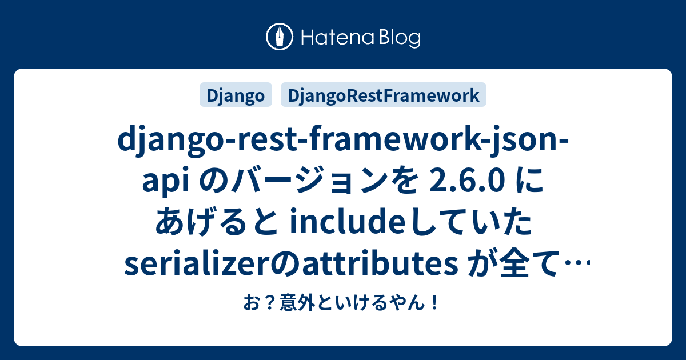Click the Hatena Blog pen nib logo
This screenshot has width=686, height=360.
[280, 37]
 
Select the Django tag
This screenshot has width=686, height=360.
[236, 95]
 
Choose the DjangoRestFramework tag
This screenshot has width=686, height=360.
[384, 95]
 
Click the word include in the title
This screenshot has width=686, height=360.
[345, 222]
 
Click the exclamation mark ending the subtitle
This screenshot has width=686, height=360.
[434, 303]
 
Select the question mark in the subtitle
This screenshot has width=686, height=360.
[271, 303]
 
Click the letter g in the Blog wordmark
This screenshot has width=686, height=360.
[414, 41]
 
